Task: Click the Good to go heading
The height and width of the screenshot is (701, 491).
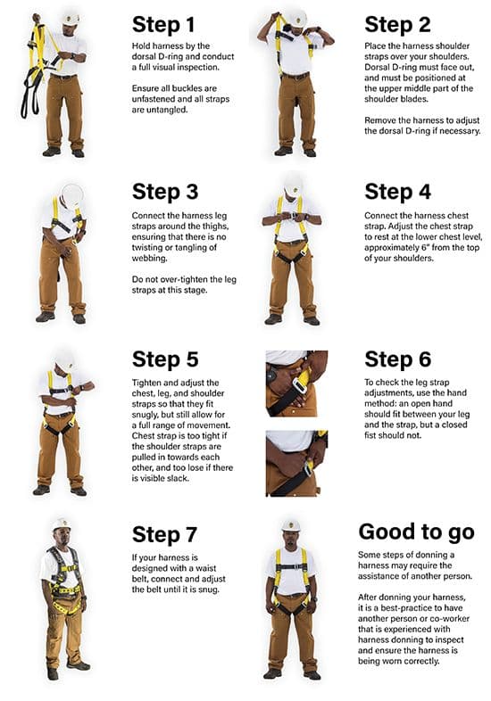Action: pos(416,532)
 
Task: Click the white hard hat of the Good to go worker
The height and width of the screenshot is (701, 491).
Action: pos(291,525)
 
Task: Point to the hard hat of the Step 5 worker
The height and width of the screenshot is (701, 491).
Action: pos(63,359)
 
